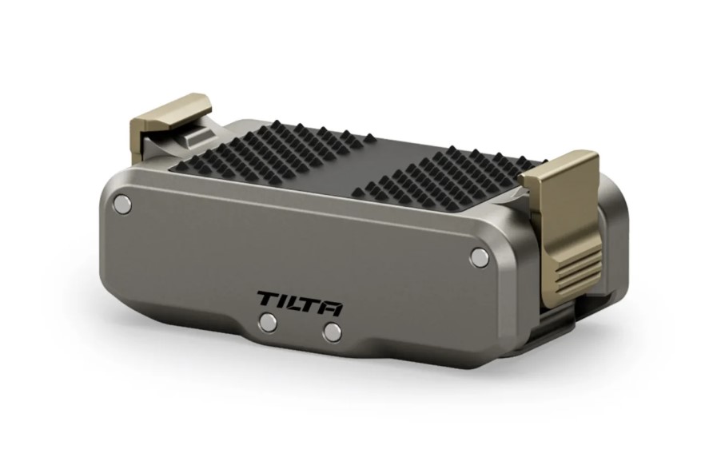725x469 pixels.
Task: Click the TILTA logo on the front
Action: coord(300,302)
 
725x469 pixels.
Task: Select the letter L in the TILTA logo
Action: coord(293,302)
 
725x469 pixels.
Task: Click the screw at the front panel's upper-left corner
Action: coord(122,203)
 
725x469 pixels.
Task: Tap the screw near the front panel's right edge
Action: coord(479,256)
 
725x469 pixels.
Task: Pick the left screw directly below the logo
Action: coord(268,322)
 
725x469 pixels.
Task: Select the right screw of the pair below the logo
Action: coord(333,332)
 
